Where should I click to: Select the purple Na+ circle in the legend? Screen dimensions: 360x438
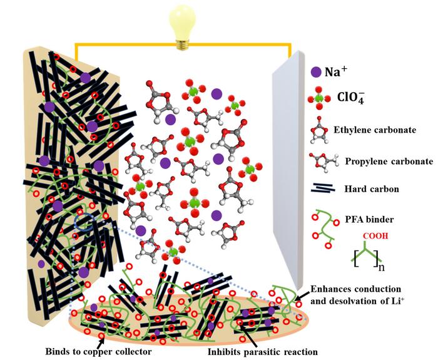click(x=317, y=72)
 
